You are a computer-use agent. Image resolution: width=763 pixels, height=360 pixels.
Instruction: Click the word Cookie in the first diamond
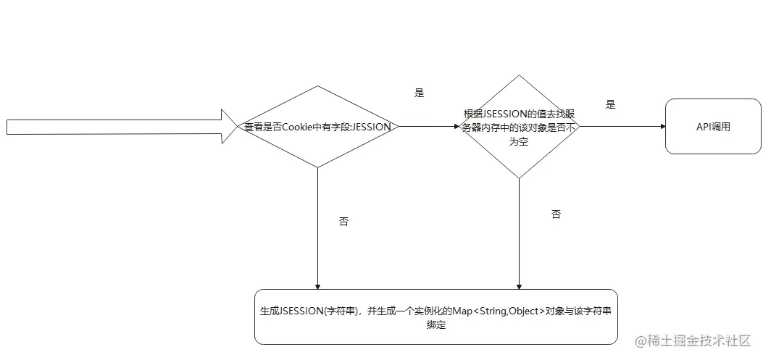[296, 127]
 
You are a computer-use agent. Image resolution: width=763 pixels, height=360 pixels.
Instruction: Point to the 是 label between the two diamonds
[419, 93]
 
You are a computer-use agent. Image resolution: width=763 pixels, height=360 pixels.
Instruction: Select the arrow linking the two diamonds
[428, 127]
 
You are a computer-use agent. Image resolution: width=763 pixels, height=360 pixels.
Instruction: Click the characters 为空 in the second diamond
[519, 141]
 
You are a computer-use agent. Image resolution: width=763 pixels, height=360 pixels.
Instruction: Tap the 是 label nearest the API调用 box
[610, 104]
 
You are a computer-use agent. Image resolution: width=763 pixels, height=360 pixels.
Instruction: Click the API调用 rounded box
[713, 127]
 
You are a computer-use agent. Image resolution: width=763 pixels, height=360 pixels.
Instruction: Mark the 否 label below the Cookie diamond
[343, 222]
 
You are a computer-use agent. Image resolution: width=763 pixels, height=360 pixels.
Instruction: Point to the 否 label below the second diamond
[556, 214]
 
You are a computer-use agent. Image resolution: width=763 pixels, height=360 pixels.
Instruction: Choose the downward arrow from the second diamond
[519, 232]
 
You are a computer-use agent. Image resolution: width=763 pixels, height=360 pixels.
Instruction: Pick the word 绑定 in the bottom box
[435, 325]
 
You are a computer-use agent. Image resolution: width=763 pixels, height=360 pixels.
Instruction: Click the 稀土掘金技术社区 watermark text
[699, 340]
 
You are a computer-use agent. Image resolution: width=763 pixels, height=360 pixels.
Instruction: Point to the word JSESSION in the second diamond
[504, 114]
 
